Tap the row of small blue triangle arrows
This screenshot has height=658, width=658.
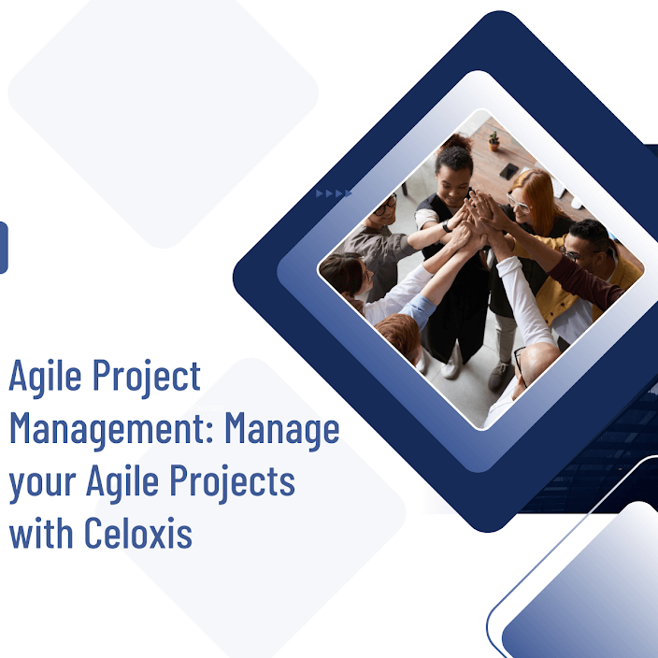(x=334, y=193)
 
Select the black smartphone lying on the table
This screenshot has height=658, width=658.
(x=508, y=171)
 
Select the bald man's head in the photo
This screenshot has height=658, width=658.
(x=538, y=365)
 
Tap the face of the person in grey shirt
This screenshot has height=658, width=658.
(x=386, y=209)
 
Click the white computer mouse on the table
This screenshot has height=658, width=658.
(x=578, y=204)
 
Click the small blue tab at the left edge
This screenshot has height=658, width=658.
(x=3, y=248)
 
